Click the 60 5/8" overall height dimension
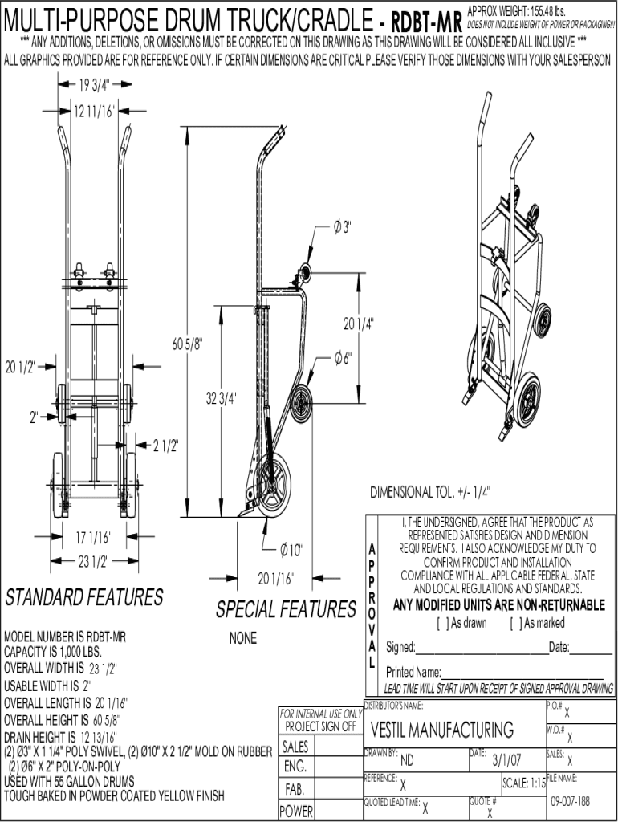(x=188, y=344)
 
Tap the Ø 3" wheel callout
(x=343, y=228)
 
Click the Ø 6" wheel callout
(x=343, y=359)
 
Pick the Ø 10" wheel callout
(x=291, y=550)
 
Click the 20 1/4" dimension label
(x=360, y=324)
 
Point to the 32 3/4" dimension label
(x=222, y=399)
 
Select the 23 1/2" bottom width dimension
(x=95, y=560)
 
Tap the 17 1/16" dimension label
(x=94, y=537)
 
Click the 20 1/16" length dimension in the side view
(x=275, y=577)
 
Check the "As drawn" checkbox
(x=441, y=623)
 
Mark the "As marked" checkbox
(x=514, y=623)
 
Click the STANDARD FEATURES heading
(x=84, y=598)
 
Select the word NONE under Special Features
(x=242, y=639)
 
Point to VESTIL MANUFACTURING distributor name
(x=442, y=730)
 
